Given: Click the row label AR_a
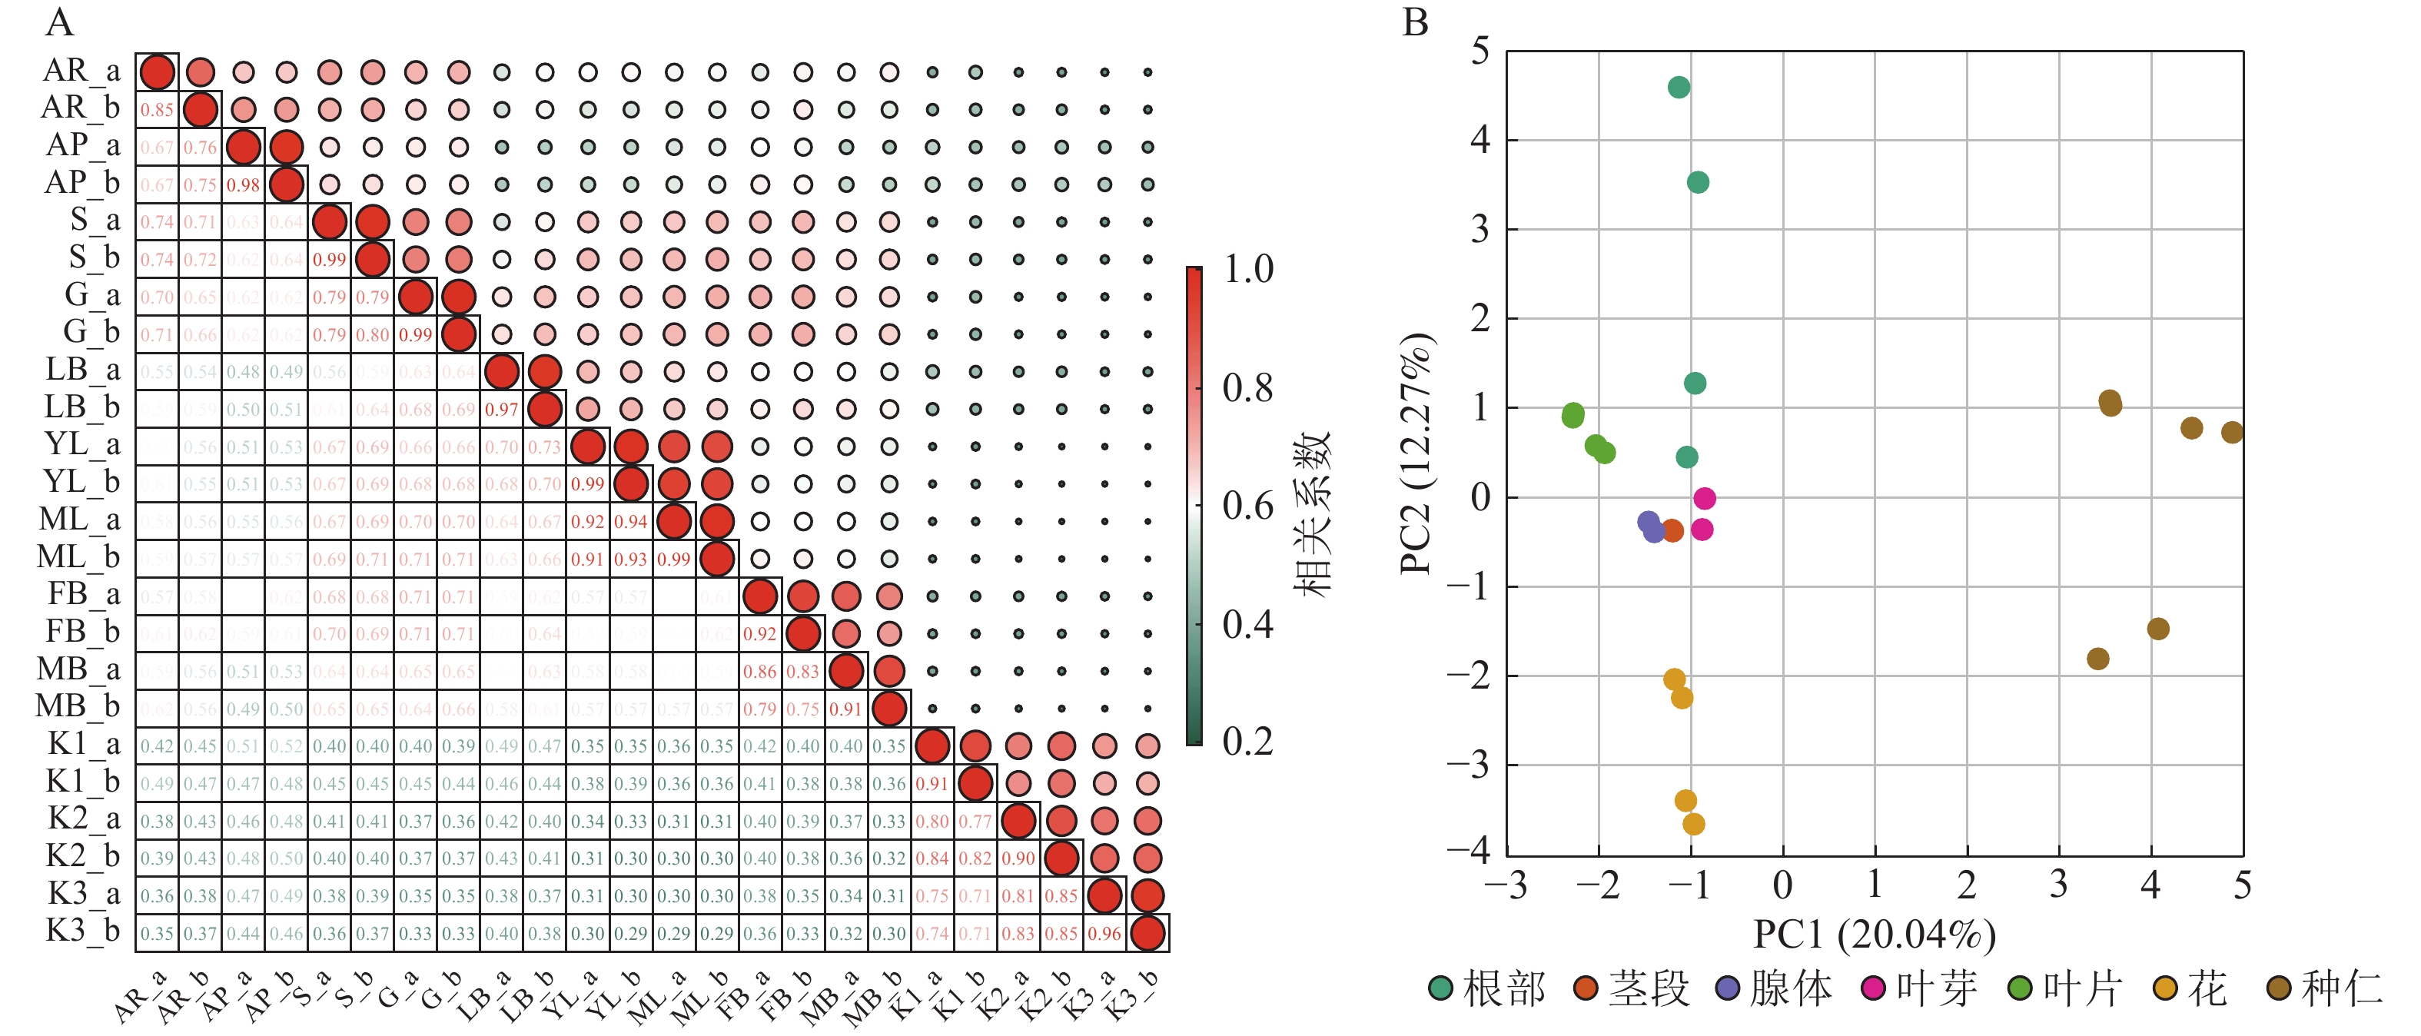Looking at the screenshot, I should coord(81,71).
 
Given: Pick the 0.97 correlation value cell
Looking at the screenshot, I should coord(502,410).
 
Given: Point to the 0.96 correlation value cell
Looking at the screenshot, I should coord(1104,934).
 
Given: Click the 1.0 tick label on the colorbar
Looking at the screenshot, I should coord(1248,270).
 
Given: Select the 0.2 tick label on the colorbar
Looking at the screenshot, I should coord(1248,742).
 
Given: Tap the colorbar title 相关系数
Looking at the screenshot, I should coord(1312,513).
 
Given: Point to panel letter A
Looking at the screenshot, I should coord(59,22).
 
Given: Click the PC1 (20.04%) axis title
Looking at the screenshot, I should coord(1874,935).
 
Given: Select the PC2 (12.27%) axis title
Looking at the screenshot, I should coord(1416,453).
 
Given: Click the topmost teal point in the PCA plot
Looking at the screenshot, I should coord(1679,88).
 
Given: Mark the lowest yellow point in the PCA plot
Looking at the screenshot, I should coord(1694,825).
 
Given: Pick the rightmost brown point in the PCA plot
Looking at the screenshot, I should coord(2232,433).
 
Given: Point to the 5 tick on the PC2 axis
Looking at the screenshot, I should coord(1481,51).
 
